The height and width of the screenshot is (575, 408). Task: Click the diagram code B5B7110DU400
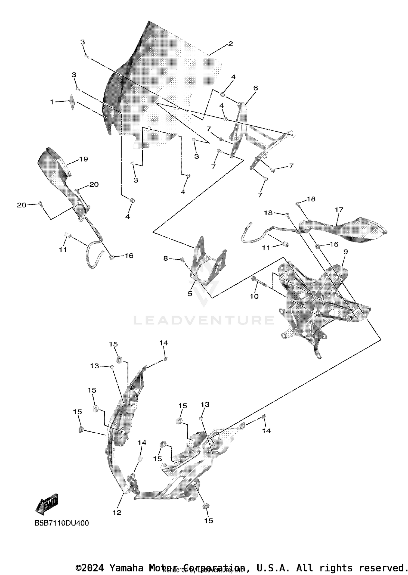61,523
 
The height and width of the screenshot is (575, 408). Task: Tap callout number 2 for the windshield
230,44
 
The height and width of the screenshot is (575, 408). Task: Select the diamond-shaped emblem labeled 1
72,102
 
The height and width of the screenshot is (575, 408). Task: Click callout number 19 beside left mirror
84,159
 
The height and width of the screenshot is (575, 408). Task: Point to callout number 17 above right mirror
339,210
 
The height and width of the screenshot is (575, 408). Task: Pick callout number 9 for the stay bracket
345,252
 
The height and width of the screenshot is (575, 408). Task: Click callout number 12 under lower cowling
117,512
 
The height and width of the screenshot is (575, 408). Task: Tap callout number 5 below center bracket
190,294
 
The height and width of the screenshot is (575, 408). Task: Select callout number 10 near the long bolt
254,296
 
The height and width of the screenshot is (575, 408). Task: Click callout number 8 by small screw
166,258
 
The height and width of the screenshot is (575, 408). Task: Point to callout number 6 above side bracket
255,88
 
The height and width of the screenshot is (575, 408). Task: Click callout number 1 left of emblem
52,102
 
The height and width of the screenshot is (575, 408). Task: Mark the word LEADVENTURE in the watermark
204,320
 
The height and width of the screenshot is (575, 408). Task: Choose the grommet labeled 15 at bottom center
206,506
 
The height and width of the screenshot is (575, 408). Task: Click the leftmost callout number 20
22,205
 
